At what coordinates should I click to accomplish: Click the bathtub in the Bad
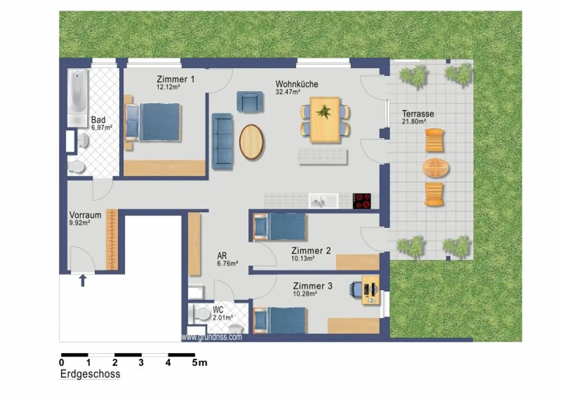click(78, 98)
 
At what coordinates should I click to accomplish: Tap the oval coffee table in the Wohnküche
click(251, 142)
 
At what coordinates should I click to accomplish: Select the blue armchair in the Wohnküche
click(250, 101)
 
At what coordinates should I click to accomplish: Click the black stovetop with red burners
click(362, 201)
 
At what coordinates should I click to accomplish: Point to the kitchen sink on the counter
click(323, 201)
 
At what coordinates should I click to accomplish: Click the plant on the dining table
click(324, 112)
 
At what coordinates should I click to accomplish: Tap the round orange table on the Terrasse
click(435, 168)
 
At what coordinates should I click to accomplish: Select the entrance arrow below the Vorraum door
click(83, 281)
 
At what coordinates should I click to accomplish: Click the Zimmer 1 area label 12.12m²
click(168, 87)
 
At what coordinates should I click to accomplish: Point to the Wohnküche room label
click(297, 84)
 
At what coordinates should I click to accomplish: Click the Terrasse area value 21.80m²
click(414, 121)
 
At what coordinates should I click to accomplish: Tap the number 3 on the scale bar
click(141, 363)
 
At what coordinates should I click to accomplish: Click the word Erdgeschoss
click(90, 374)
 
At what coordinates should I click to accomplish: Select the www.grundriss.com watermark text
click(211, 337)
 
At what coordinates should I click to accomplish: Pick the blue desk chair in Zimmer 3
click(356, 290)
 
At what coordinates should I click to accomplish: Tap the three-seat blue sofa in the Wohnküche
click(222, 142)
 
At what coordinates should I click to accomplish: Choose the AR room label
click(222, 256)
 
